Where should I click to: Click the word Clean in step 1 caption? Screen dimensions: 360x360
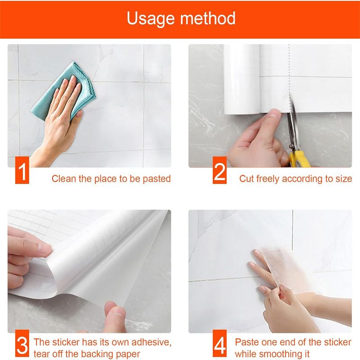[64, 179]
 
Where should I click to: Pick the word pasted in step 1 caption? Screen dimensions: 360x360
[157, 179]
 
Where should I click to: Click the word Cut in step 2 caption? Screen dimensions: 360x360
[246, 179]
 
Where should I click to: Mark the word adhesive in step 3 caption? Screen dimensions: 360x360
[150, 342]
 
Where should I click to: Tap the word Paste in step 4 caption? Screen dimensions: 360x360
[247, 342]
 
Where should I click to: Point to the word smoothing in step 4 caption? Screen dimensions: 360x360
[279, 354]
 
